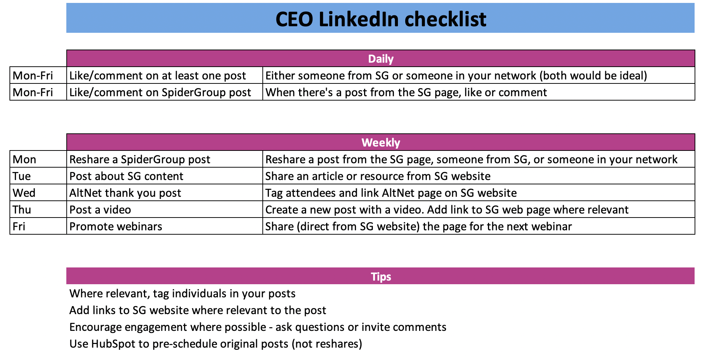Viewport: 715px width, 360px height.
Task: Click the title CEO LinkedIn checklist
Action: (381, 19)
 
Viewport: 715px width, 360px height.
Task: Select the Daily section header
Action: (381, 59)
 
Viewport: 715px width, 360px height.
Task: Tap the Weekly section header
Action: (381, 142)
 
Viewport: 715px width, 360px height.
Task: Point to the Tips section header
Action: (381, 277)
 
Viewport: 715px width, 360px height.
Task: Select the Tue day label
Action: (22, 176)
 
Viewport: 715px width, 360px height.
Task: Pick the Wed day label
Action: (24, 193)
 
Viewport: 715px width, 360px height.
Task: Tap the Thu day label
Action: (22, 210)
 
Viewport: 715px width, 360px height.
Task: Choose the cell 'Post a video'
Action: (100, 210)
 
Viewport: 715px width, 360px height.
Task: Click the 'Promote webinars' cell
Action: (116, 226)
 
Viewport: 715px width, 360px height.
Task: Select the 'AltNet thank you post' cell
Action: (125, 193)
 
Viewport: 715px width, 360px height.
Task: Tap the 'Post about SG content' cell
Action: (126, 176)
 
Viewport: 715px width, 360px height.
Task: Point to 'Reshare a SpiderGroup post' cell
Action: (140, 159)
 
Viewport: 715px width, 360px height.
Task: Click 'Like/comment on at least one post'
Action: (158, 75)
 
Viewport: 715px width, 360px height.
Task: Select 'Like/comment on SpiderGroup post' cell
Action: (160, 92)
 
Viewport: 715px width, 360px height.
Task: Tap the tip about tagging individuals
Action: (183, 293)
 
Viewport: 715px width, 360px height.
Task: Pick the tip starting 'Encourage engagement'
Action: (258, 327)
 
